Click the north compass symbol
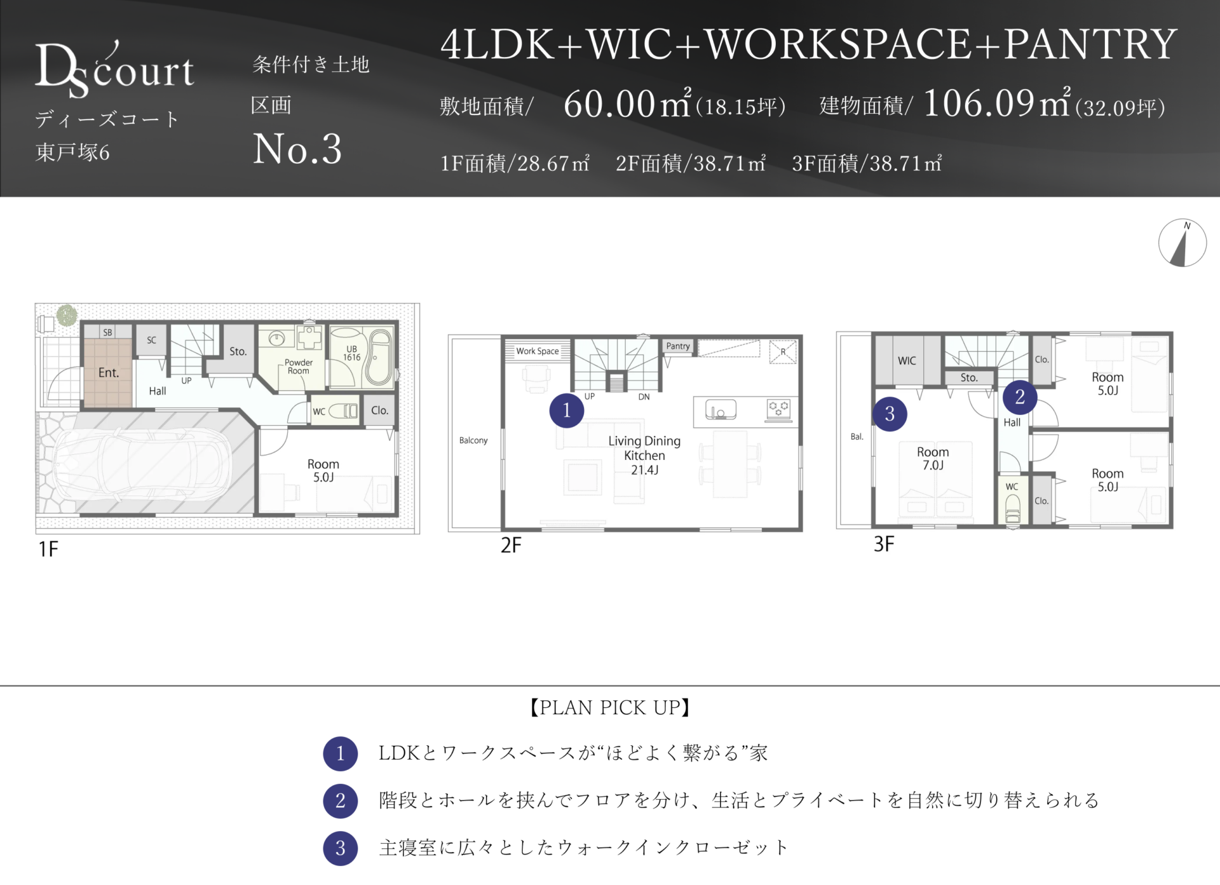(1183, 243)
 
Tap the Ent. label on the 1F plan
(109, 373)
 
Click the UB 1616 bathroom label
(352, 353)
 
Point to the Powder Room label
(299, 367)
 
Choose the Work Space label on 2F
(538, 351)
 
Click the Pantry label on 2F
(678, 346)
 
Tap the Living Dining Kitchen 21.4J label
(644, 455)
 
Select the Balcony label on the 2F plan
(473, 440)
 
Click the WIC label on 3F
(907, 361)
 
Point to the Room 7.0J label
(933, 458)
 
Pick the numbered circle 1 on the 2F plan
(567, 410)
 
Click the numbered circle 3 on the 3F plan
(890, 414)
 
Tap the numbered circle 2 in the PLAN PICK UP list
(341, 801)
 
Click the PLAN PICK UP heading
(610, 707)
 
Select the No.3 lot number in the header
(297, 149)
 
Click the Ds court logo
(114, 70)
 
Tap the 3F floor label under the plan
(884, 544)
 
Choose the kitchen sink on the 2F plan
(721, 410)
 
